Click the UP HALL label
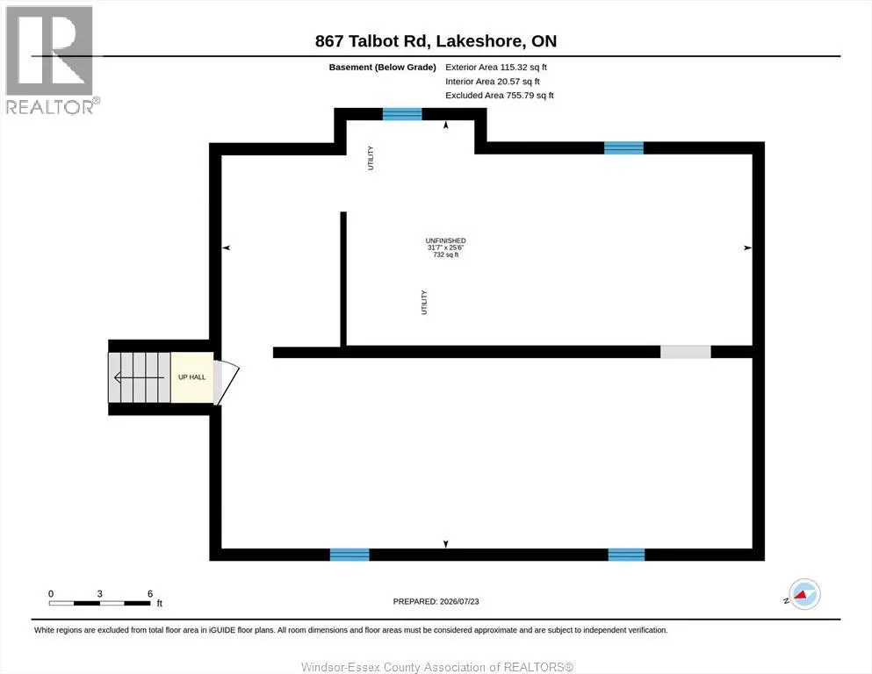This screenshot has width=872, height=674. point(191,377)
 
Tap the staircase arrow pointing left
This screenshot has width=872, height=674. point(139,378)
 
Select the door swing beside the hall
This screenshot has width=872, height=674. point(227,383)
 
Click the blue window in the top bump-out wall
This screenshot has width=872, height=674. point(402,114)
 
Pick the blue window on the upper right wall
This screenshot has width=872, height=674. point(623,147)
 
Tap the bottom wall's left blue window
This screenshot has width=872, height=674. point(350,555)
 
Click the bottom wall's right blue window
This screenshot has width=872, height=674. point(626,555)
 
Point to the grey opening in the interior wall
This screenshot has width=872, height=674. point(685,352)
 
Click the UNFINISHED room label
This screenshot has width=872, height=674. point(445,240)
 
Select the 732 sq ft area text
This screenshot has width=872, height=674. point(445,255)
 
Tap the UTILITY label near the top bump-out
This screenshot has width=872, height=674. point(371,158)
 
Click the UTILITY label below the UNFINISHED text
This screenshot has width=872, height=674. point(424,302)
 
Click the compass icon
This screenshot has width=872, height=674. point(804,594)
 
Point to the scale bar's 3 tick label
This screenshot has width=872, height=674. point(99,593)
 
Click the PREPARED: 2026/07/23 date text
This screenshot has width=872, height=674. point(436,601)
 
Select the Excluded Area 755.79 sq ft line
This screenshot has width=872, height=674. point(500,95)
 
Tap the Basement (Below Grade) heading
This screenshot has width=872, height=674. point(382,68)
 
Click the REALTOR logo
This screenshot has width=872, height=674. point(51,60)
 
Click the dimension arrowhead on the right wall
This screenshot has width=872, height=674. point(747,247)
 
